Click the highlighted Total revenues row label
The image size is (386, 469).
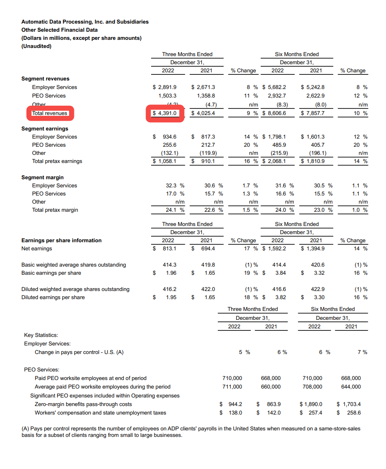pos(50,113)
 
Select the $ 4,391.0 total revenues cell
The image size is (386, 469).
pos(165,113)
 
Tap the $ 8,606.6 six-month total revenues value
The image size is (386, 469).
pos(275,113)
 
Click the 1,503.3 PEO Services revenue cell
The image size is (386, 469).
pos(167,96)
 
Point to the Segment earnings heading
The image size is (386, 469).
pos(45,129)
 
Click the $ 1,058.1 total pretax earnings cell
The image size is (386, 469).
pos(165,161)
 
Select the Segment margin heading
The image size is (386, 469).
pos(42,178)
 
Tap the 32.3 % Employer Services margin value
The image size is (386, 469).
pos(175,186)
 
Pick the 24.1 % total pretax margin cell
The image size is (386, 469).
pos(175,210)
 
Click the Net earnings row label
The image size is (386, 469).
pos(37,249)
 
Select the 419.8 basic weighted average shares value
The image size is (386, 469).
pos(208,265)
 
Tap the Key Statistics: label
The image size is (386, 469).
pos(41,335)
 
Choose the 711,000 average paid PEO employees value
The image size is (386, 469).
pos(232,387)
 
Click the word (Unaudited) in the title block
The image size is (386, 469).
pos(37,46)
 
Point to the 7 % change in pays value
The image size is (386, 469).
pos(362,352)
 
